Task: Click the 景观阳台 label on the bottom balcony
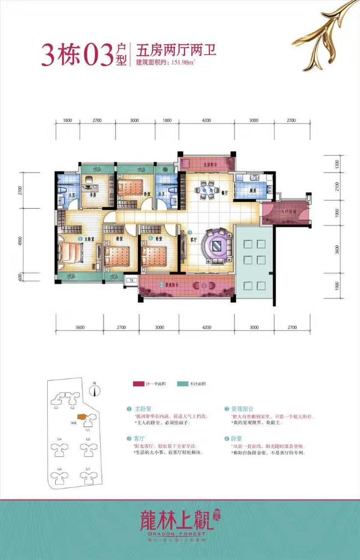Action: click(x=173, y=285)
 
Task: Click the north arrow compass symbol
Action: click(x=96, y=388)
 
